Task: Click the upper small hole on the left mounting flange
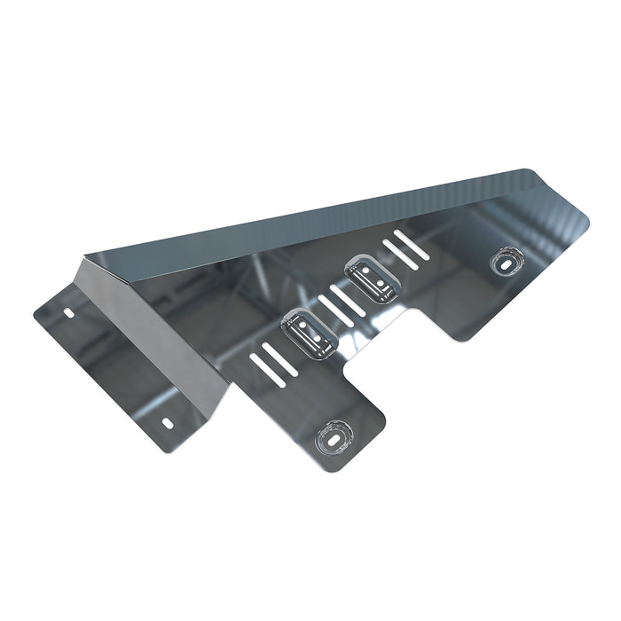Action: point(70,313)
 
